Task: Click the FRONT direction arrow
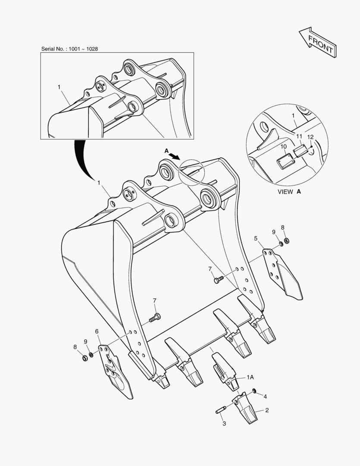click(x=318, y=42)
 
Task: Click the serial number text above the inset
click(x=69, y=49)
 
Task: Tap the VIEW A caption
click(x=289, y=192)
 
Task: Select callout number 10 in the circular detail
click(x=284, y=147)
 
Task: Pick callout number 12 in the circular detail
click(x=310, y=137)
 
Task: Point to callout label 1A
click(x=250, y=377)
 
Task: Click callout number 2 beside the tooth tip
click(x=267, y=410)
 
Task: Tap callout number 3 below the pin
click(x=224, y=424)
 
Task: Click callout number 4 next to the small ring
click(x=265, y=397)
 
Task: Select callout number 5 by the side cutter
click(x=256, y=238)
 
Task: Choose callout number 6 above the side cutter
click(x=97, y=331)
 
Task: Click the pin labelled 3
click(x=221, y=410)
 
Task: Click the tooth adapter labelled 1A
click(x=225, y=371)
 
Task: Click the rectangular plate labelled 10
click(x=285, y=161)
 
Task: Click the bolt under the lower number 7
click(x=154, y=318)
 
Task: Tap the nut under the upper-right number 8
click(x=286, y=240)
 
